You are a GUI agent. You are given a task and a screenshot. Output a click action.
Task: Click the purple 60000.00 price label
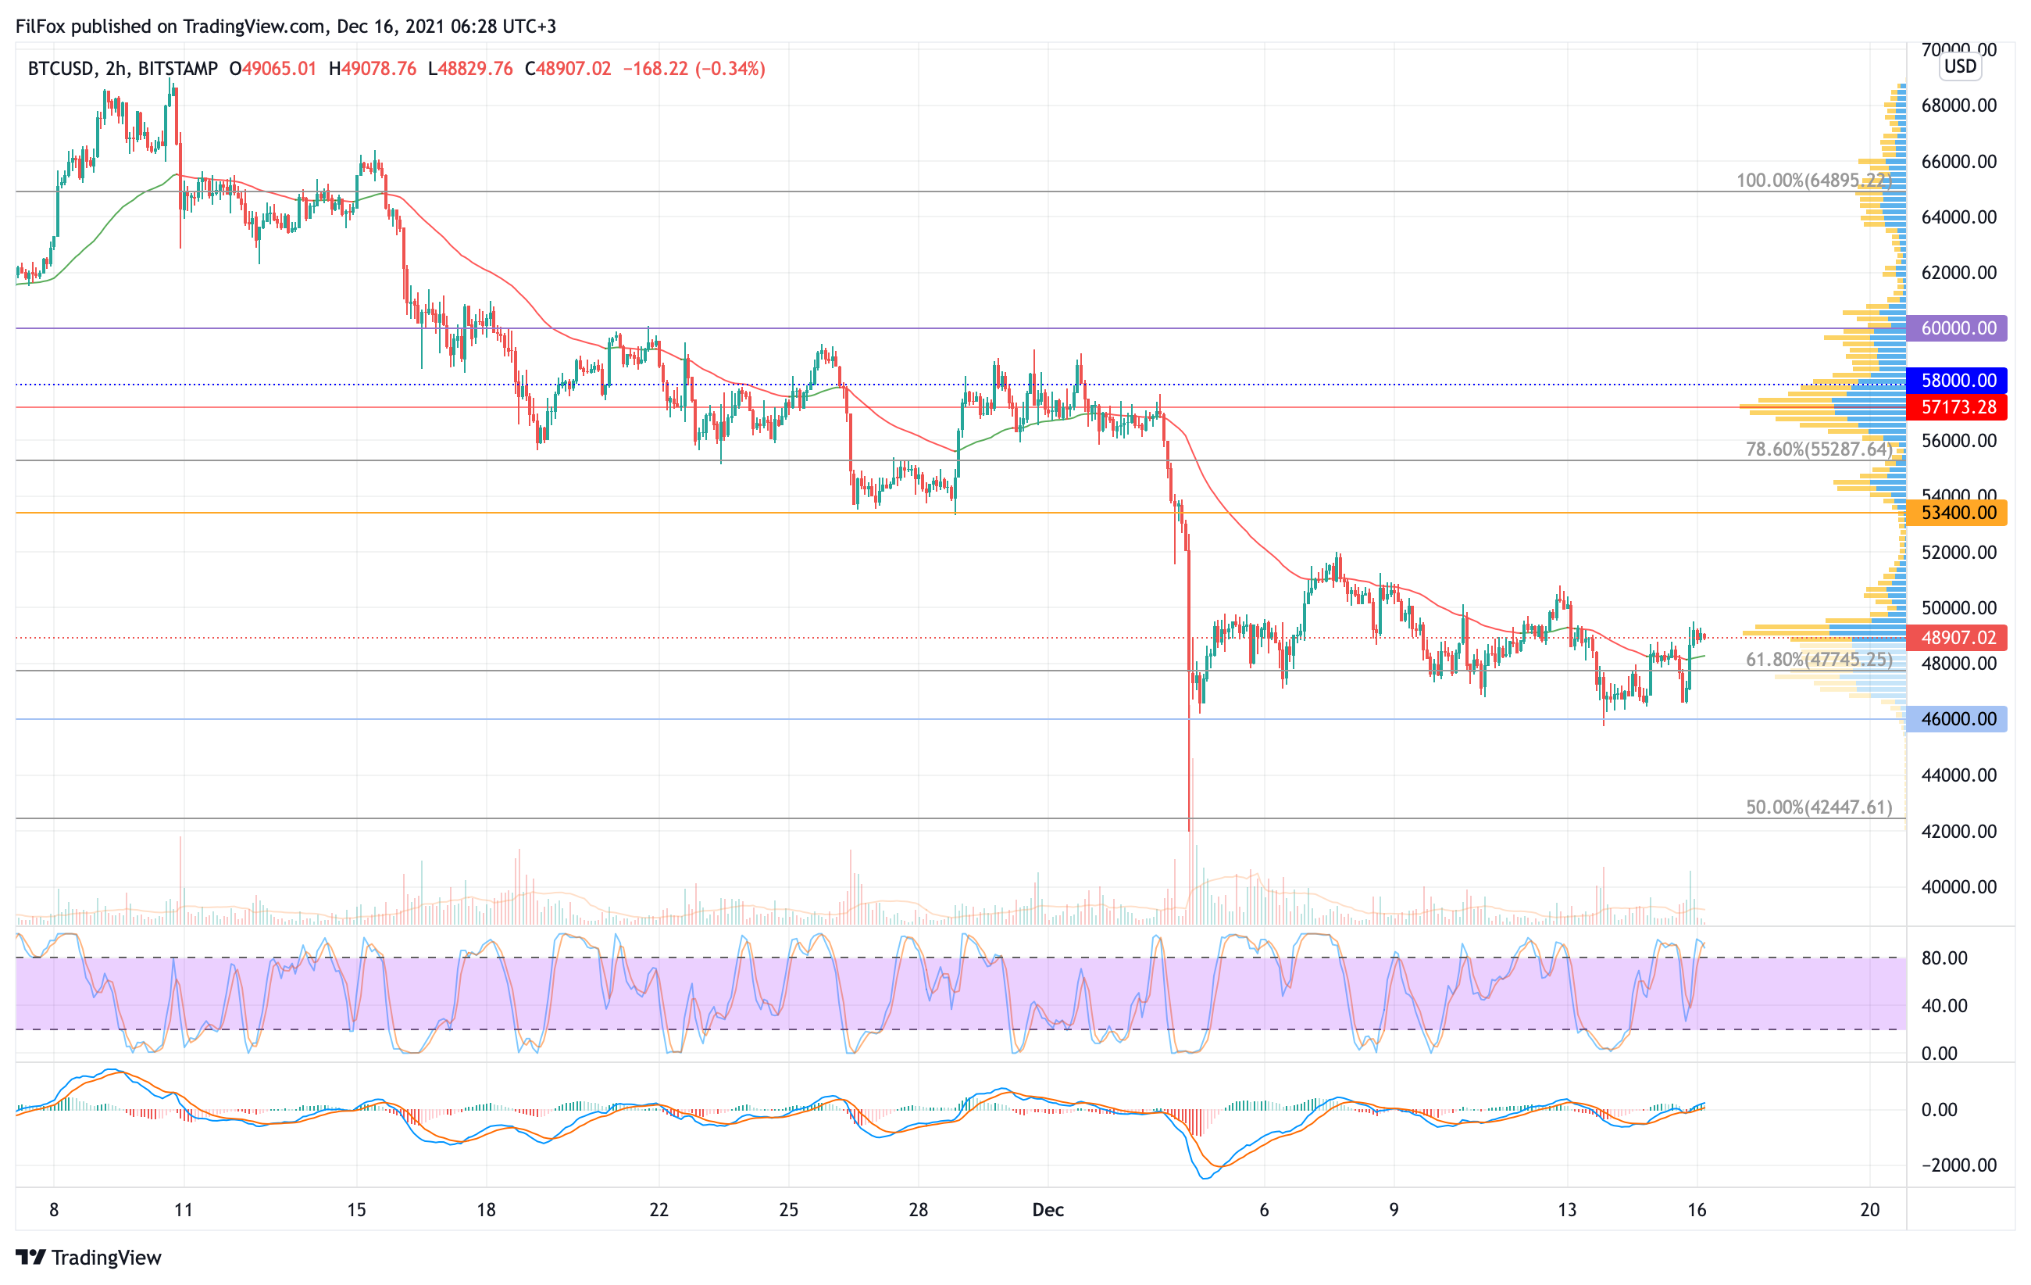(x=1957, y=328)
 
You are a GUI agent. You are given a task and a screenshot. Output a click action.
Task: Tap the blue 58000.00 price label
(x=1957, y=381)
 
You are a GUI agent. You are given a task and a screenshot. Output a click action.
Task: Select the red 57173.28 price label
(x=1957, y=407)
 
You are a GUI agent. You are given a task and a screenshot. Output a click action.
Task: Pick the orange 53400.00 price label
(x=1957, y=513)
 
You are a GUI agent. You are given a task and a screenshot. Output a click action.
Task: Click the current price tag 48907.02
(x=1957, y=638)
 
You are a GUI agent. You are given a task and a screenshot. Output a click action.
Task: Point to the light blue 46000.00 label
(x=1957, y=719)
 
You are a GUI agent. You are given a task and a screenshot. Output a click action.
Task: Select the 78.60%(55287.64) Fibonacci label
(x=1819, y=449)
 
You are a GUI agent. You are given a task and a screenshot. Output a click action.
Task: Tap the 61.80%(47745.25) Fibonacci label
(x=1819, y=660)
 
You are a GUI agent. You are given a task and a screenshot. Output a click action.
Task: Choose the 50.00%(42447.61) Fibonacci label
(x=1819, y=807)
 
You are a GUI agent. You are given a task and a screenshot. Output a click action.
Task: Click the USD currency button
(x=1960, y=66)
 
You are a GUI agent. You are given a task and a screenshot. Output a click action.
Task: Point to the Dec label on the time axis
(x=1048, y=1210)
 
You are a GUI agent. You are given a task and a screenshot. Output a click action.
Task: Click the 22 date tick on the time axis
(x=659, y=1210)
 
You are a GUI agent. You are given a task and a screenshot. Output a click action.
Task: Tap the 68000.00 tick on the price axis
(x=1958, y=106)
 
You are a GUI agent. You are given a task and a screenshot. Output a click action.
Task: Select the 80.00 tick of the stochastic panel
(x=1944, y=958)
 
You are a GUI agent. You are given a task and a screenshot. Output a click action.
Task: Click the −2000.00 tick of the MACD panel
(x=1958, y=1165)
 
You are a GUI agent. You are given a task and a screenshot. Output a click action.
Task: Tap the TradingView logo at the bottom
(x=88, y=1258)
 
